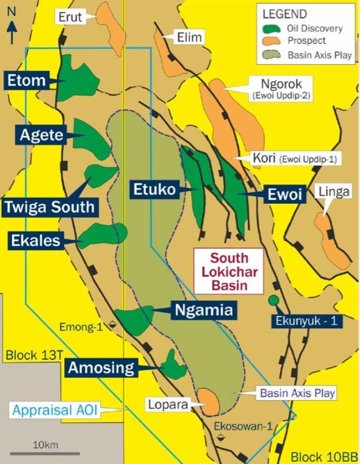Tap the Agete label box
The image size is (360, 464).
click(x=42, y=135)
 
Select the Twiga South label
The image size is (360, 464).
click(x=49, y=207)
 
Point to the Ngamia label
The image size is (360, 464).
click(x=204, y=310)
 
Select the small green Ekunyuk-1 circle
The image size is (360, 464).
click(x=273, y=300)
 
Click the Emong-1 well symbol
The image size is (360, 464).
click(x=113, y=325)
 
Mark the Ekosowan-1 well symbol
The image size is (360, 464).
click(x=221, y=437)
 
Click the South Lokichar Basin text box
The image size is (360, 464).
click(x=229, y=272)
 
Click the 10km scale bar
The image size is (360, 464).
click(x=45, y=454)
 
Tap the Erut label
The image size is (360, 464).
click(x=70, y=17)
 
